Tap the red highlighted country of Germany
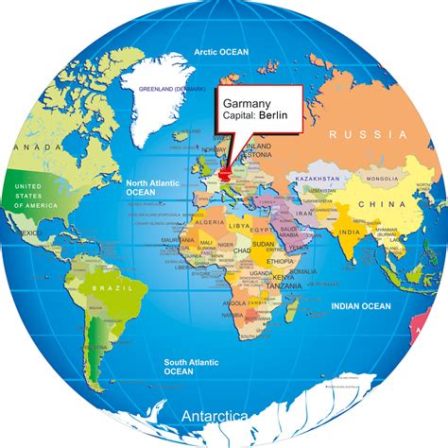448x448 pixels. (225, 174)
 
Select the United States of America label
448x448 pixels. (27, 197)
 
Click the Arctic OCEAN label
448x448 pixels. (221, 52)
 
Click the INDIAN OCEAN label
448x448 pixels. (358, 304)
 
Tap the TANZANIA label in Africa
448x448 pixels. (276, 284)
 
